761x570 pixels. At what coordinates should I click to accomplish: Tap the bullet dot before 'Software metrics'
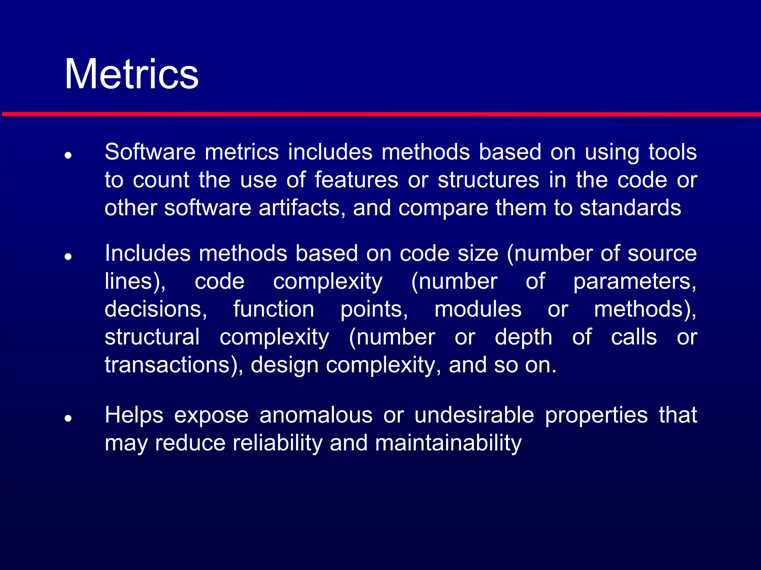(68, 155)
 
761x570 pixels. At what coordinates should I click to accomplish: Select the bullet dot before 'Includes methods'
(68, 256)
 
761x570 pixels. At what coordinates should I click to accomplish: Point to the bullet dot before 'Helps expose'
(68, 418)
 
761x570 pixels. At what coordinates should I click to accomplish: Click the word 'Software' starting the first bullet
(150, 152)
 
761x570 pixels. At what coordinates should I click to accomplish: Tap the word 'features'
(356, 180)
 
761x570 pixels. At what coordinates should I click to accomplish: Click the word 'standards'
(631, 208)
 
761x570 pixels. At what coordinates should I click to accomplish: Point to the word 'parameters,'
(635, 281)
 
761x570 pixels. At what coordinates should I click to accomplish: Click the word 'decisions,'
(156, 309)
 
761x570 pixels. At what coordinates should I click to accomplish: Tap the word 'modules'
(478, 309)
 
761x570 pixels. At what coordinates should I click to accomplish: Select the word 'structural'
(152, 337)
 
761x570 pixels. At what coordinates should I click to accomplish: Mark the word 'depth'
(524, 337)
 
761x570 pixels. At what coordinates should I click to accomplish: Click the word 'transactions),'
(174, 365)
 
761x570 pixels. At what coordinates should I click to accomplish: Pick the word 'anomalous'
(316, 415)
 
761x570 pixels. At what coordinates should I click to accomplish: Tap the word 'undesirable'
(474, 415)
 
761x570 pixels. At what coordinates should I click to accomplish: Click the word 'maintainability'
(448, 443)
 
